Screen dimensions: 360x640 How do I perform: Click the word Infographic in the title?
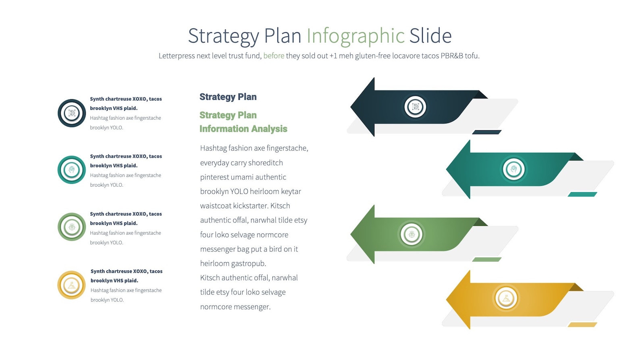point(355,36)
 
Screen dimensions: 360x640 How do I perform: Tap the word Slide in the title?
point(430,36)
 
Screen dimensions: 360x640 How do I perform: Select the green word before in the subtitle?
point(274,56)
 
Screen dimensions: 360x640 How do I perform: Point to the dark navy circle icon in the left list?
point(72,113)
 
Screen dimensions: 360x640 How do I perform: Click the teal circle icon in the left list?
point(72,170)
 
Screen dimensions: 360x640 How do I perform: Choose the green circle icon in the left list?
point(72,227)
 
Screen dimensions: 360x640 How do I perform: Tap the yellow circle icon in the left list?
point(72,285)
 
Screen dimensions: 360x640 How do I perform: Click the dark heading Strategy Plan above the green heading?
point(228,97)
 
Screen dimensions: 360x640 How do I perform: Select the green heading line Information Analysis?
point(243,129)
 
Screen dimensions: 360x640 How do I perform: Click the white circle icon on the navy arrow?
point(415,107)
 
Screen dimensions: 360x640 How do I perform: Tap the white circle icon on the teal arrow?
point(513,169)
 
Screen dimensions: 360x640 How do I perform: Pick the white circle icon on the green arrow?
point(411,234)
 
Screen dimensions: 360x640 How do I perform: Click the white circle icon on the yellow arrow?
point(506,298)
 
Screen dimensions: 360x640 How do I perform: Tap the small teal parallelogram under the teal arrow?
point(582,194)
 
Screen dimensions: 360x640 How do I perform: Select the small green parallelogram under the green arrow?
point(486,260)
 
